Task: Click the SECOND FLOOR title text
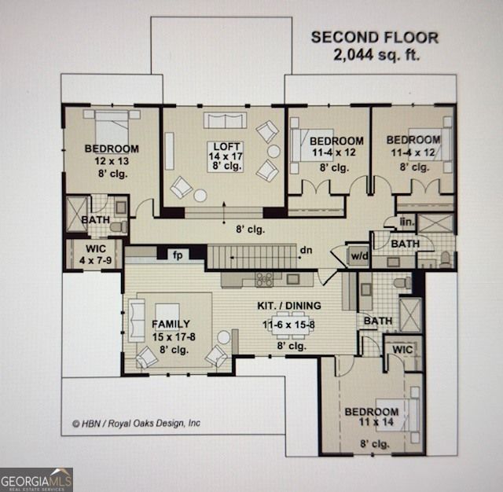coord(375,38)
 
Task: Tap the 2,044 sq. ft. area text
coord(376,54)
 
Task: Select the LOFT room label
coord(226,146)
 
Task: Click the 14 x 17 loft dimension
coord(226,156)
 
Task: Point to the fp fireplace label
coord(178,255)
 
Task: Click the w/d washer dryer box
coord(359,256)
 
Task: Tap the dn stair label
coord(306,250)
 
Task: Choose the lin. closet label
coord(407,222)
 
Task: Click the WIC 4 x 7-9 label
coord(96,255)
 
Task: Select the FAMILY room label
coord(171,325)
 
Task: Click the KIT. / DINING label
coord(289,306)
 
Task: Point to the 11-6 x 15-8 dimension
coord(288,325)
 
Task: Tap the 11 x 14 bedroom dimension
coord(376,422)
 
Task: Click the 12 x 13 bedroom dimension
coord(112,161)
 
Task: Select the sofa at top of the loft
coord(226,120)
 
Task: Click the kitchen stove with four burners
coord(264,279)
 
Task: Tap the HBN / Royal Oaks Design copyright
coord(136,424)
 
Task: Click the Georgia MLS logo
coord(36,479)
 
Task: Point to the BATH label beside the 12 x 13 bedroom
coord(95,220)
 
